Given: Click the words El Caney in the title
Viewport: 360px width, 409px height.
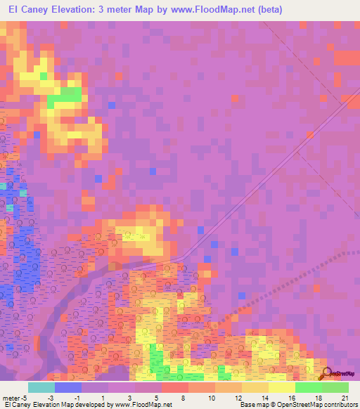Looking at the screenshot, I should pyautogui.click(x=31, y=9).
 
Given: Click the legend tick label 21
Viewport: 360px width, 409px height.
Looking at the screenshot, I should pyautogui.click(x=345, y=397).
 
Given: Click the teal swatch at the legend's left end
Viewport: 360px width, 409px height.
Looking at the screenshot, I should pyautogui.click(x=41, y=387).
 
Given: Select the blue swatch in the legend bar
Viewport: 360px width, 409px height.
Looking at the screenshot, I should pyautogui.click(x=67, y=387).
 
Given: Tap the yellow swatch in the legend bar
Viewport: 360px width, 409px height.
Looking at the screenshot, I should pyautogui.click(x=281, y=387).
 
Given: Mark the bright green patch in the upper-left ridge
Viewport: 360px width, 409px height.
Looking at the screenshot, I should pyautogui.click(x=68, y=96).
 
